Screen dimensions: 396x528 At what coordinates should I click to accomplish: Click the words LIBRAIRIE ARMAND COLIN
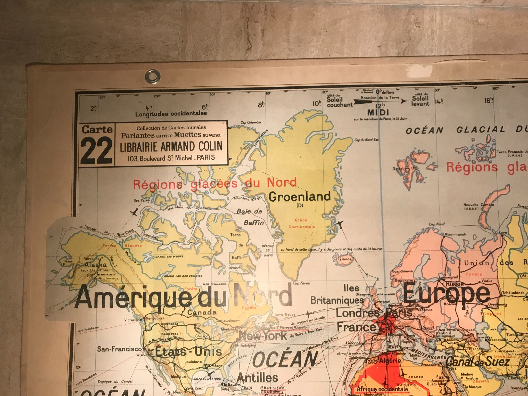171,146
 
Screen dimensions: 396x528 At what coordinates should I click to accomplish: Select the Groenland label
300,197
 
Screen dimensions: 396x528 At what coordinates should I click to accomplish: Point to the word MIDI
378,112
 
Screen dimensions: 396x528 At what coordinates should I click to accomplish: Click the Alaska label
95,265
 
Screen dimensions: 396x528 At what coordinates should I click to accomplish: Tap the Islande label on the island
345,259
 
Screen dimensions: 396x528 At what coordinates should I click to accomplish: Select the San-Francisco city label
119,349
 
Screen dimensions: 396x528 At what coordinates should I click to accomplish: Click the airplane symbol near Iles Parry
134,213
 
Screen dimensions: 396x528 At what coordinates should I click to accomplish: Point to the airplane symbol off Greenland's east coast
340,224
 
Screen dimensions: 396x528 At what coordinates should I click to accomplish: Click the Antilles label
257,378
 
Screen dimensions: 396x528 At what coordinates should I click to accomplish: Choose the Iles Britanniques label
338,294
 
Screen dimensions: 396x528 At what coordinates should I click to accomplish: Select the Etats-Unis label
188,352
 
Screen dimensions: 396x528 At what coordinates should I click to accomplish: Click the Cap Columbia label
251,122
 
